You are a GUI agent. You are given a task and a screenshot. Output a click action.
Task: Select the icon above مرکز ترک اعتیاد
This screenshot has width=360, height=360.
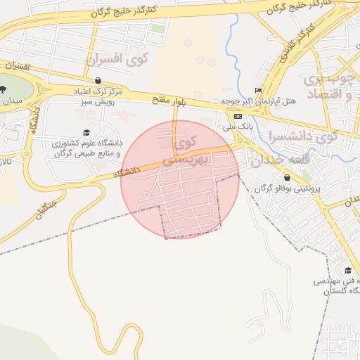98,80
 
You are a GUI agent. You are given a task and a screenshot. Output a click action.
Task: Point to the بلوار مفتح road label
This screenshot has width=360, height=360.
169,100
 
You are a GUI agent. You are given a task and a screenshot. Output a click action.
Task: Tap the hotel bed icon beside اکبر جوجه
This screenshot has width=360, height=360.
258,90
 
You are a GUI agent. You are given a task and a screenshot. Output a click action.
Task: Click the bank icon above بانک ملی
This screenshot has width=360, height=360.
238,116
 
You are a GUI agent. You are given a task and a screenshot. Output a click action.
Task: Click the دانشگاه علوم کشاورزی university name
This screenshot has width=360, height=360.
86,148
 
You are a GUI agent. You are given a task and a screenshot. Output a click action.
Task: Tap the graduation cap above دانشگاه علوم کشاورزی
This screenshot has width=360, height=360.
86,132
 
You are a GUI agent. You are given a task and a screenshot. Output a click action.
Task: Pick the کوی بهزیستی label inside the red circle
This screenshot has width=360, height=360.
184,152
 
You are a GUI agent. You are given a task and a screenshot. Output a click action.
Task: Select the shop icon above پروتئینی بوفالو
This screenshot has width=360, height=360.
288,177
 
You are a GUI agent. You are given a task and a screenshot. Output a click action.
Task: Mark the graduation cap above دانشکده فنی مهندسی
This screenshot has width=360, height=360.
348,271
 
